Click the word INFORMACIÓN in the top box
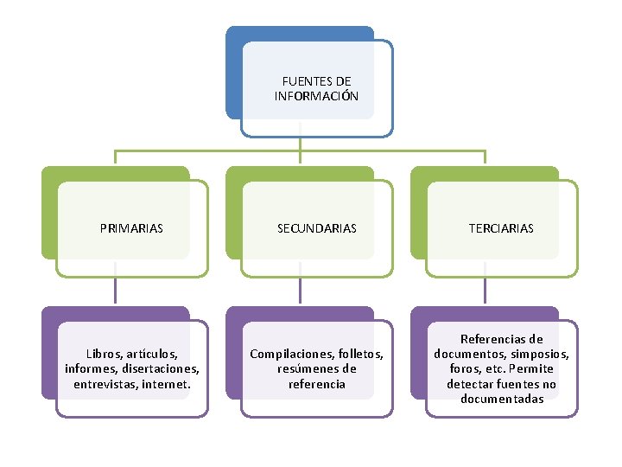coord(316,96)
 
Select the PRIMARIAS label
coord(131,229)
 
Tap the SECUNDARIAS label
coord(316,229)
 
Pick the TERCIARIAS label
coord(501,229)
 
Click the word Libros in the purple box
coord(105,354)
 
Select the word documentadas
coord(502,399)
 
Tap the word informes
coord(91,368)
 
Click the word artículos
coord(151,354)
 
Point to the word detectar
coord(471,383)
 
